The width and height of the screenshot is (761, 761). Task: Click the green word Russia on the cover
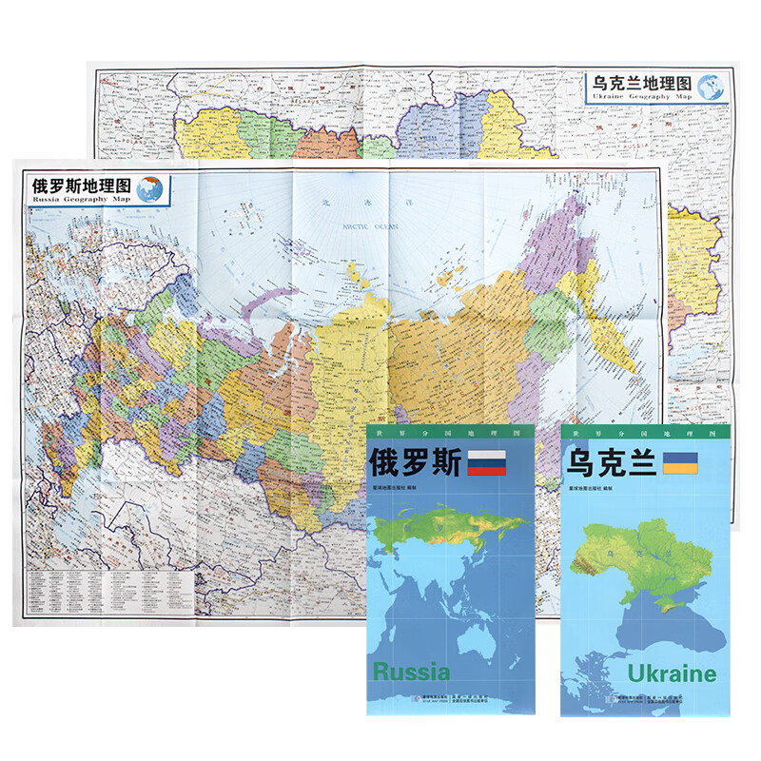click(411, 672)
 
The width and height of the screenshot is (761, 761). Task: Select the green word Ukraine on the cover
click(672, 673)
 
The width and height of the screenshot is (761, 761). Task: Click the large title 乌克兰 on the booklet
click(606, 463)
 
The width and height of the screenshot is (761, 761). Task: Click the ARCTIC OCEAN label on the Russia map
click(371, 225)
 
